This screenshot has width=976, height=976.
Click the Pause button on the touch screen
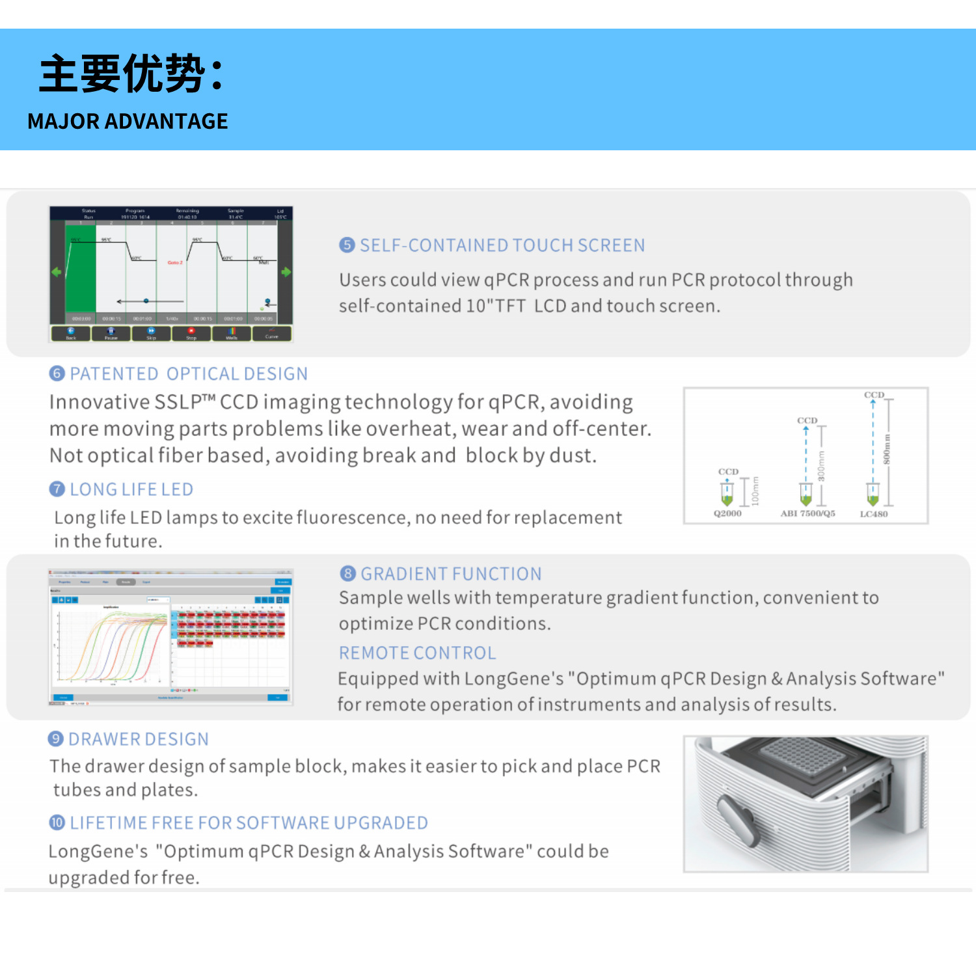pos(111,334)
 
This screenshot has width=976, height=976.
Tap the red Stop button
pos(191,334)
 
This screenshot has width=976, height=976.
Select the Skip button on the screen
pos(151,334)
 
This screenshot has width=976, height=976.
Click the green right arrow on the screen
pos(286,272)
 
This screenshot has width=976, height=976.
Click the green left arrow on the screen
pos(57,272)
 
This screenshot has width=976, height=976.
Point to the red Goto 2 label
pos(175,262)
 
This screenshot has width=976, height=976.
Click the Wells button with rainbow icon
pos(232,334)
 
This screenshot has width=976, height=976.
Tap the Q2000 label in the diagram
pos(727,513)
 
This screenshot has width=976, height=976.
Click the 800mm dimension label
pos(886,449)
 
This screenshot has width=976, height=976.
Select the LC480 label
pos(873,514)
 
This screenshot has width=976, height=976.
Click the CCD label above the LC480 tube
pos(874,395)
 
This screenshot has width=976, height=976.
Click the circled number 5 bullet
pos(347,245)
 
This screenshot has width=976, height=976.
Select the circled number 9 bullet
pos(56,739)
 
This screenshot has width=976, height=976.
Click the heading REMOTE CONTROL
pos(417,653)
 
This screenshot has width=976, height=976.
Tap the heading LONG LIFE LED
pos(131,489)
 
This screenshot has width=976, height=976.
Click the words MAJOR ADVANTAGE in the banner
pos(128,121)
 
